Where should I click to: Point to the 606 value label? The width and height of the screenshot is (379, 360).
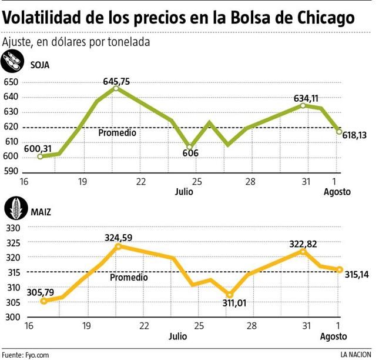click(190, 153)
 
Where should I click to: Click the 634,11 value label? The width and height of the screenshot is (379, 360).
click(305, 98)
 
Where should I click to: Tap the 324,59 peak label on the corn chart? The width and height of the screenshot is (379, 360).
click(119, 238)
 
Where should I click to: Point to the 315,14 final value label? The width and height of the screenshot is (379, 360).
click(358, 275)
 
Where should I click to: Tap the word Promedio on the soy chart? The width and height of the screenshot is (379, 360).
click(117, 133)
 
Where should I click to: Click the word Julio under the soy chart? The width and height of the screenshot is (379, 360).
click(184, 191)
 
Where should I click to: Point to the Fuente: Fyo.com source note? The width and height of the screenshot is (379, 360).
click(26, 355)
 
